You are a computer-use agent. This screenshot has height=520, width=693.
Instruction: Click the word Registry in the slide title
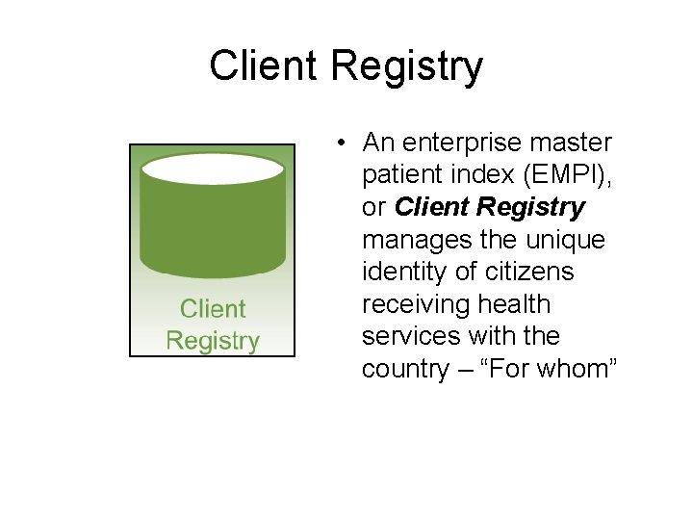tap(407, 68)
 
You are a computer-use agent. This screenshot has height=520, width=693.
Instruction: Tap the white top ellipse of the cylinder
tap(213, 169)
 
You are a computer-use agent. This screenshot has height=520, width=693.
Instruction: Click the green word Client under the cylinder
tap(213, 309)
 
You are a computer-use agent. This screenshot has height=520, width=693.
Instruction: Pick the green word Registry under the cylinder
tap(213, 341)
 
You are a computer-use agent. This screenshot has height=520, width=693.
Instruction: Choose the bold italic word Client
tap(432, 208)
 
